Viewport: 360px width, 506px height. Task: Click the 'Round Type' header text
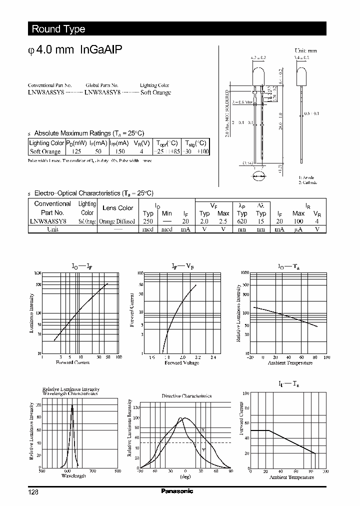[58, 29]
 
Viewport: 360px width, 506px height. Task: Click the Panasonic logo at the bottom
[176, 491]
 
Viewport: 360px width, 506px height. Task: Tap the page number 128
[33, 492]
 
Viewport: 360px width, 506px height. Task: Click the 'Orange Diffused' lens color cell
[117, 221]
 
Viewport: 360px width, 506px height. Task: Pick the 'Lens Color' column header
[117, 208]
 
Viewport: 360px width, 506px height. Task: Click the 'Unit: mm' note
[305, 50]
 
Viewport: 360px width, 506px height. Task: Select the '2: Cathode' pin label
[308, 182]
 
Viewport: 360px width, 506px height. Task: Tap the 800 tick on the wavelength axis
[117, 471]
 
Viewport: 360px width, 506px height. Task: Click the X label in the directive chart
[203, 430]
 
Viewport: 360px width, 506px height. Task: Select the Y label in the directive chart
[203, 449]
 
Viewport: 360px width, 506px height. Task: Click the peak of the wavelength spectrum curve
[72, 406]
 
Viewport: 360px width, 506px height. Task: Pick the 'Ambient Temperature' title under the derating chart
[291, 477]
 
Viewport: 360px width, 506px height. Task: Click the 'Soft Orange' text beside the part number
[155, 92]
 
